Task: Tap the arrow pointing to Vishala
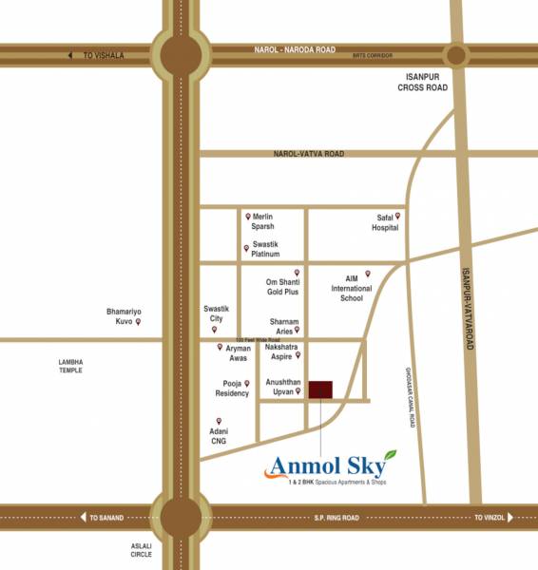[x=69, y=55]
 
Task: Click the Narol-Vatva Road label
[x=309, y=153]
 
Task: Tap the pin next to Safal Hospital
[x=397, y=216]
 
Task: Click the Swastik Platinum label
[x=271, y=248]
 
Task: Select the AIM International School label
[x=344, y=289]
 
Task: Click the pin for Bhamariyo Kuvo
[x=138, y=322]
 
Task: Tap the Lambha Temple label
[x=71, y=366]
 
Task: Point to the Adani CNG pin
[x=219, y=421]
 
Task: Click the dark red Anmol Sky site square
[x=321, y=389]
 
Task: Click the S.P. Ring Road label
[x=336, y=518]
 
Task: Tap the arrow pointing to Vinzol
[x=509, y=518]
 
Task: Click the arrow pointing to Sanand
[x=83, y=518]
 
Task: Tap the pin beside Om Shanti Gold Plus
[x=298, y=273]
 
